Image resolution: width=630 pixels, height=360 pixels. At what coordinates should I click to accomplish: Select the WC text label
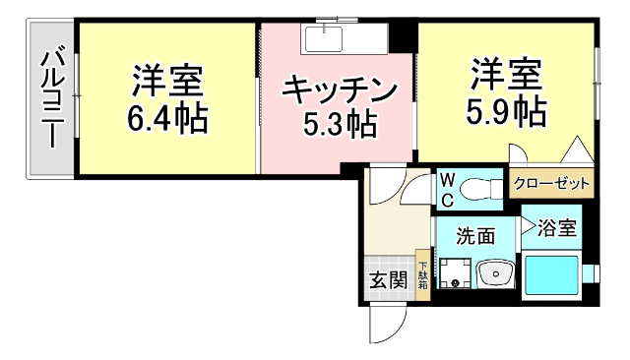click(446, 190)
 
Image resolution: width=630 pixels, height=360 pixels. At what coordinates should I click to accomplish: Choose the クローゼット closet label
click(552, 183)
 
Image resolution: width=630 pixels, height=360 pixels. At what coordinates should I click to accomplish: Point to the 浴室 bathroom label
click(557, 228)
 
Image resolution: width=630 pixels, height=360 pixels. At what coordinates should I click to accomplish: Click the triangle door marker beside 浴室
click(527, 228)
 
